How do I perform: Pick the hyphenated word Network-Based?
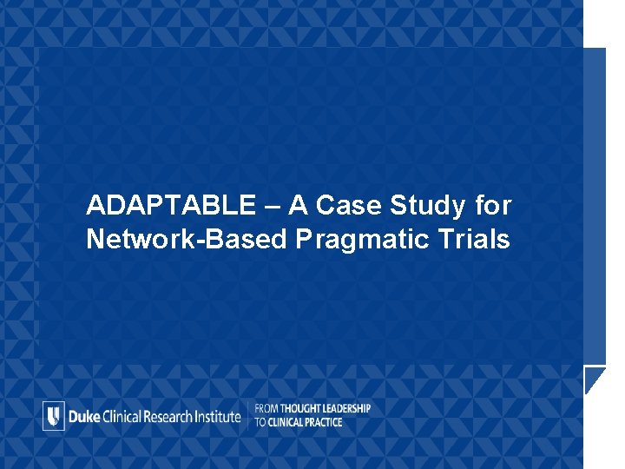(186, 240)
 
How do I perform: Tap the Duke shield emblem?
(54, 416)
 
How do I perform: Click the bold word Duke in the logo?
(83, 416)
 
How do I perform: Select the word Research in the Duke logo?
(174, 416)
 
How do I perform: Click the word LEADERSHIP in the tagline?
(348, 408)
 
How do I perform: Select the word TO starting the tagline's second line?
(260, 423)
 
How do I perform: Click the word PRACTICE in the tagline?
(326, 423)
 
